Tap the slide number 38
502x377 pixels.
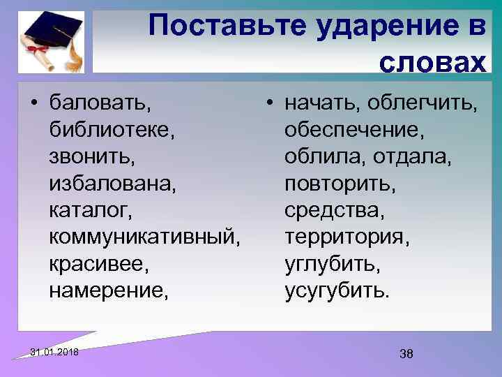pos(406,354)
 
